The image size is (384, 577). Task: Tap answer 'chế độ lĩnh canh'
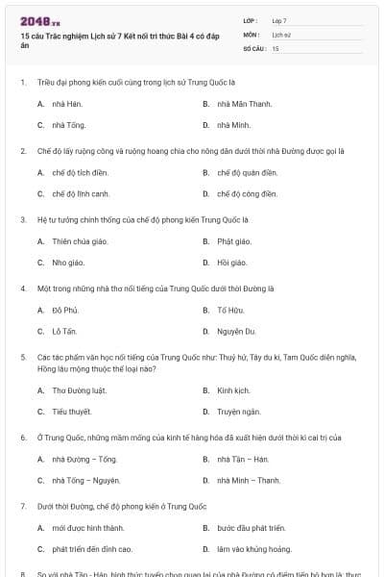click(74, 193)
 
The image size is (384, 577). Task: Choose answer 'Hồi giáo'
click(232, 263)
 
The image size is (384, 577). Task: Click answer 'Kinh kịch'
click(233, 390)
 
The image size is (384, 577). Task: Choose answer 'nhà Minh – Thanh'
click(249, 481)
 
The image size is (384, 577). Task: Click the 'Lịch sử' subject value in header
click(280, 33)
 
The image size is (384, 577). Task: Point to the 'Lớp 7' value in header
click(278, 20)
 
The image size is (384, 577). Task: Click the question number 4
click(22, 288)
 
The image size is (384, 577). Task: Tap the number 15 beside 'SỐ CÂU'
click(276, 47)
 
